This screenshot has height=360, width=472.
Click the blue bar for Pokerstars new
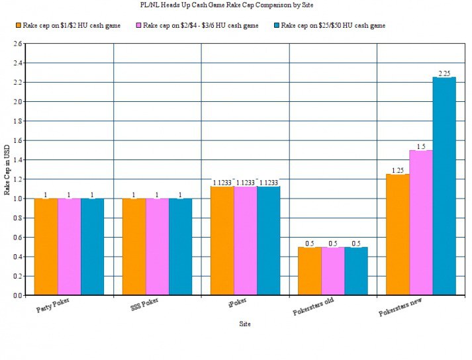[444, 186]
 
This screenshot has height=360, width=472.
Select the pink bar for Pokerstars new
[420, 222]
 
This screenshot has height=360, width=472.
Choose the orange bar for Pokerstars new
[397, 234]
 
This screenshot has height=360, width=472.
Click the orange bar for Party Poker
[46, 246]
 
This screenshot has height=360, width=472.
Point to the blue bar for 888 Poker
[180, 246]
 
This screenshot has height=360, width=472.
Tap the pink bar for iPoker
[245, 241]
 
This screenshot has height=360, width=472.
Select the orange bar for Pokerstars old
[309, 271]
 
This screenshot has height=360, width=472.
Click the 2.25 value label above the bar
[444, 73]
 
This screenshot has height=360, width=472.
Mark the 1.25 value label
[397, 170]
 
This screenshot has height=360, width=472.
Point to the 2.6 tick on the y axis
[17, 44]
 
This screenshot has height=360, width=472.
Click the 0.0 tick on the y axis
[17, 295]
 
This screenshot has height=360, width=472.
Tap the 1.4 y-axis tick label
[17, 160]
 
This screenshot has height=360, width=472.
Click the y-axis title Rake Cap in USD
[7, 169]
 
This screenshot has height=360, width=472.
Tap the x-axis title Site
[245, 324]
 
